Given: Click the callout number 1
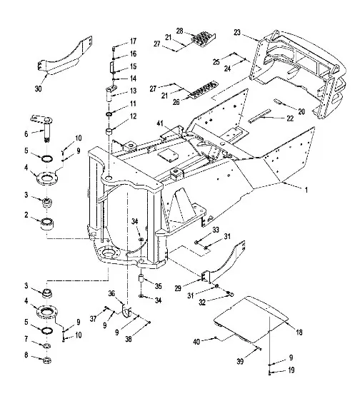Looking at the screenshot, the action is tap(306, 190).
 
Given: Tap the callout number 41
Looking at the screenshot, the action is tap(161, 123).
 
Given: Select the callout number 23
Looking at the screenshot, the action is tap(237, 33).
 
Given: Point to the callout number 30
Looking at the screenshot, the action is tap(38, 89).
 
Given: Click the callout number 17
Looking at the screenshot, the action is tap(134, 41).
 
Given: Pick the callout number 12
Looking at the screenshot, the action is tap(134, 116).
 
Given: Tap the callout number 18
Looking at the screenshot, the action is tap(299, 332).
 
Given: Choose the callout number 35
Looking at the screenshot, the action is tap(159, 286).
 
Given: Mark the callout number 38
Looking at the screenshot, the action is tap(129, 339).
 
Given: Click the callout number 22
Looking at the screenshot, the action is tap(290, 118).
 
